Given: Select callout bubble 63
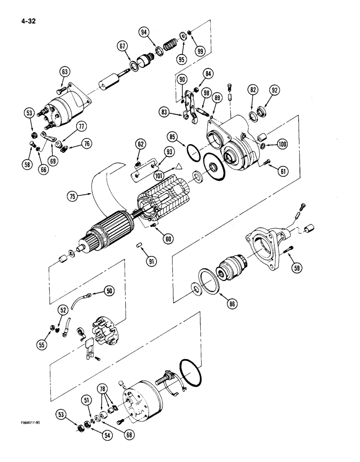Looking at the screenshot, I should pyautogui.click(x=65, y=72).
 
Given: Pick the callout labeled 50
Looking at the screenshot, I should pyautogui.click(x=108, y=291).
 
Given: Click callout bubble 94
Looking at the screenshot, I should pyautogui.click(x=145, y=32).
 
